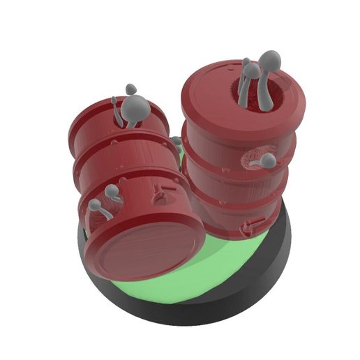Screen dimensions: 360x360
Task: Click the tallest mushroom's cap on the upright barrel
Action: tap(270, 62)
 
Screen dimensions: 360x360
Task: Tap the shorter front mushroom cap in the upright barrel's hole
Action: tap(250, 70)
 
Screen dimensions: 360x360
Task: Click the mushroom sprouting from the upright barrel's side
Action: tap(268, 161)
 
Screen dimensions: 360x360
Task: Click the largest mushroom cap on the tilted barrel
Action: tap(137, 107)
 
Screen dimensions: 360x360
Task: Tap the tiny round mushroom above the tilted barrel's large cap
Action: tap(130, 89)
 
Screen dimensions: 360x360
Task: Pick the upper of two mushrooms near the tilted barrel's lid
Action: tap(111, 191)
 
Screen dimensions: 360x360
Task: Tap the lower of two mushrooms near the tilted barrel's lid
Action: tap(95, 206)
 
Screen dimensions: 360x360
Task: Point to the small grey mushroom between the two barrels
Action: tap(177, 142)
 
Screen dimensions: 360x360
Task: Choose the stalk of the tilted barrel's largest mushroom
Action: tap(130, 122)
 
